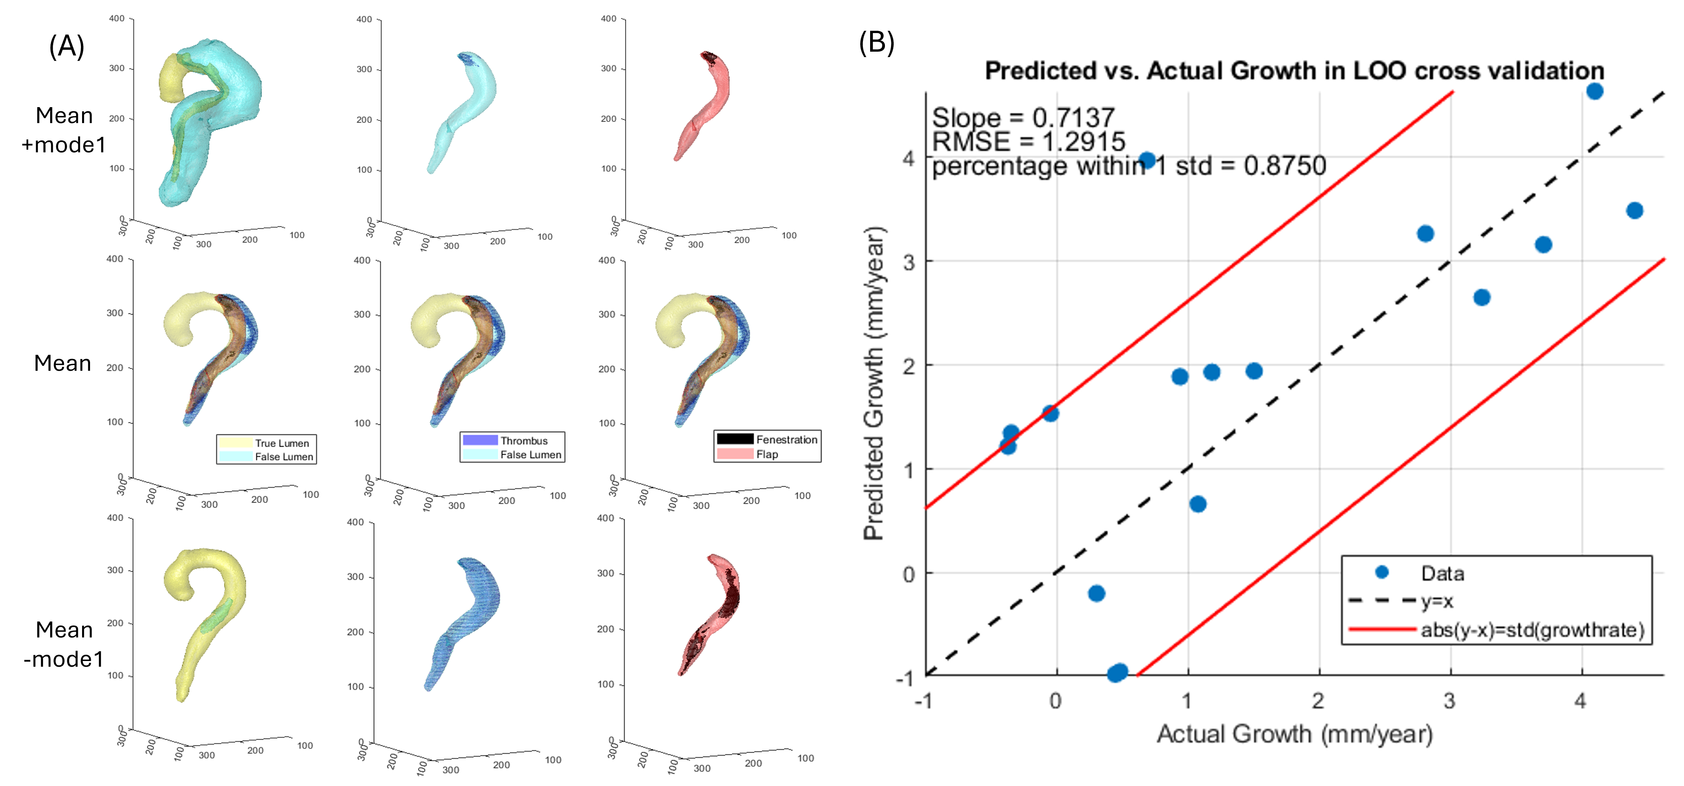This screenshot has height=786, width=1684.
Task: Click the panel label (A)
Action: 66,47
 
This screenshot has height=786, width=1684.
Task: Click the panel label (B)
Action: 876,43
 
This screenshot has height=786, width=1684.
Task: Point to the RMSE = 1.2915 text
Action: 1028,141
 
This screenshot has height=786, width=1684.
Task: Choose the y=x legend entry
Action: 1434,601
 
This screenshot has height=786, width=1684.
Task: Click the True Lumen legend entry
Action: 281,443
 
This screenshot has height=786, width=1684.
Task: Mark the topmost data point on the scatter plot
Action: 1594,91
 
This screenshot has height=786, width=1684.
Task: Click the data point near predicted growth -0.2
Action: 1096,593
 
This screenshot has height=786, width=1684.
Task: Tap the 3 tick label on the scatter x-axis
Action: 1449,701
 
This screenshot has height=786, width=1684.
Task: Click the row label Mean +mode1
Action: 63,130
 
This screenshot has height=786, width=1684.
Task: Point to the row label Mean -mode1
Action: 63,644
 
